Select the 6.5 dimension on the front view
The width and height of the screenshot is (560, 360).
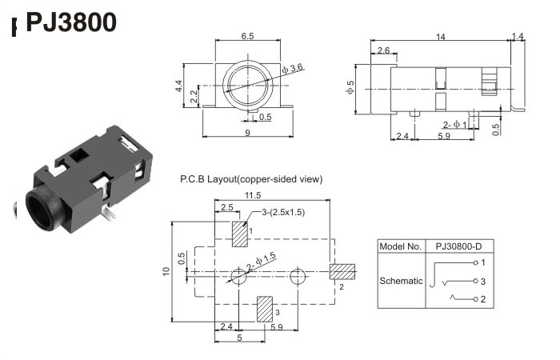247,36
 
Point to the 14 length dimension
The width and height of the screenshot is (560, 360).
441,36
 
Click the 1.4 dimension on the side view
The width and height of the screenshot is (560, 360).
518,36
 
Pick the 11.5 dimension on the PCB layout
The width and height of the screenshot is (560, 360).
254,194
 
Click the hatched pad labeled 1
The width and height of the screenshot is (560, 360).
238,234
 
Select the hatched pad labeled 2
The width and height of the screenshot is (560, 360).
342,272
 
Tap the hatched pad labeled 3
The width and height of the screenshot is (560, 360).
263,310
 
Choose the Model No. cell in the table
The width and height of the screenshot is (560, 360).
400,246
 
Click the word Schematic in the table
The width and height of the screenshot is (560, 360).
400,281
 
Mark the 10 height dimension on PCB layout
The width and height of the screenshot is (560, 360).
166,270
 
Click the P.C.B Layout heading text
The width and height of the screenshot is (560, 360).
251,179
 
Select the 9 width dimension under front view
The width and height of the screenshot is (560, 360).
247,132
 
